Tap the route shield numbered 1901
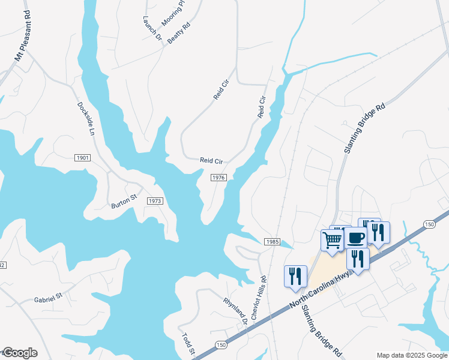click(x=83, y=158)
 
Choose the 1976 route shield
click(x=218, y=178)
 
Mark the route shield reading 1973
click(x=154, y=201)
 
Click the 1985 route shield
click(x=271, y=241)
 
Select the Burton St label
click(x=124, y=201)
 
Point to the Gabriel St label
click(x=49, y=298)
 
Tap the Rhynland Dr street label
click(x=236, y=311)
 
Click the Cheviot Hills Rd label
click(x=259, y=298)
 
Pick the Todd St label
click(x=188, y=344)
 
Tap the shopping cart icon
click(x=332, y=241)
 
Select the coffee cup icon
click(x=355, y=238)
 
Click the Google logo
click(x=19, y=353)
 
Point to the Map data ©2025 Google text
click(x=412, y=355)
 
